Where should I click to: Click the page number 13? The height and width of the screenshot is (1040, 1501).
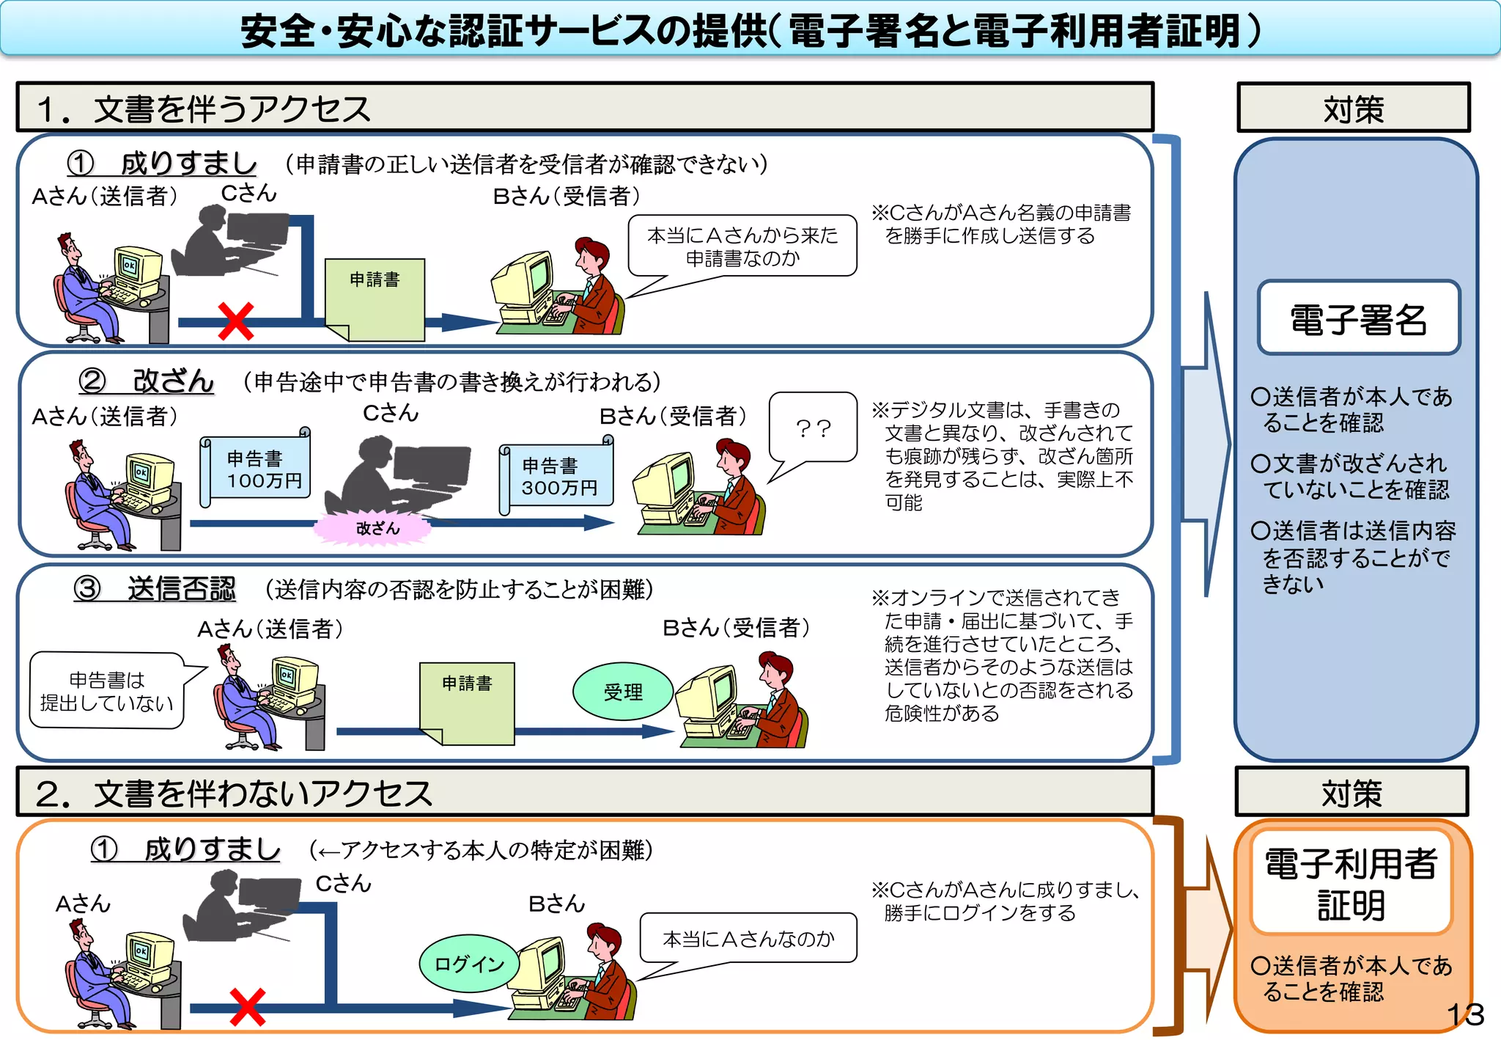pyautogui.click(x=1465, y=1015)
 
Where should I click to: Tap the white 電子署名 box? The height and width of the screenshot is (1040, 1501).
pyautogui.click(x=1359, y=318)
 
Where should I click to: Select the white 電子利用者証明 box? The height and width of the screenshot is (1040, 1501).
pyautogui.click(x=1351, y=883)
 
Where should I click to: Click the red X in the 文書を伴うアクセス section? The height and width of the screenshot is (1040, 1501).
pyautogui.click(x=236, y=321)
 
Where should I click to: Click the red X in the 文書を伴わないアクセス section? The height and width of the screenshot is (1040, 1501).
pyautogui.click(x=247, y=1007)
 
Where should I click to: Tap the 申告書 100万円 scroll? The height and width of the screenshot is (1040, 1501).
pyautogui.click(x=256, y=468)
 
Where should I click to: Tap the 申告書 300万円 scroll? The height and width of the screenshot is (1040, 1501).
pyautogui.click(x=557, y=477)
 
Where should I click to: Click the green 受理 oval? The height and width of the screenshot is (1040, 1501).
pyautogui.click(x=623, y=692)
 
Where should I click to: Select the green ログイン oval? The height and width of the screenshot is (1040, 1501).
pyautogui.click(x=469, y=963)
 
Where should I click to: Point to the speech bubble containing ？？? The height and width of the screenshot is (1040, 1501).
pyautogui.click(x=813, y=428)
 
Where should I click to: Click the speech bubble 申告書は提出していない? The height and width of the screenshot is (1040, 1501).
pyautogui.click(x=107, y=691)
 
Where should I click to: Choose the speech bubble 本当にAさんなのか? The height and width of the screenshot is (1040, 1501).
pyautogui.click(x=748, y=938)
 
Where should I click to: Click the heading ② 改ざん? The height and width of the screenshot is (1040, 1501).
pyautogui.click(x=147, y=381)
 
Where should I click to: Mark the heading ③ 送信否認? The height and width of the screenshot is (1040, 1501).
pyautogui.click(x=155, y=588)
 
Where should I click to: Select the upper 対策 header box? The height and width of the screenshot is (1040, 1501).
pyautogui.click(x=1353, y=109)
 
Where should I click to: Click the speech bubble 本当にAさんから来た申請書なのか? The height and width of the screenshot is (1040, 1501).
pyautogui.click(x=742, y=246)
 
